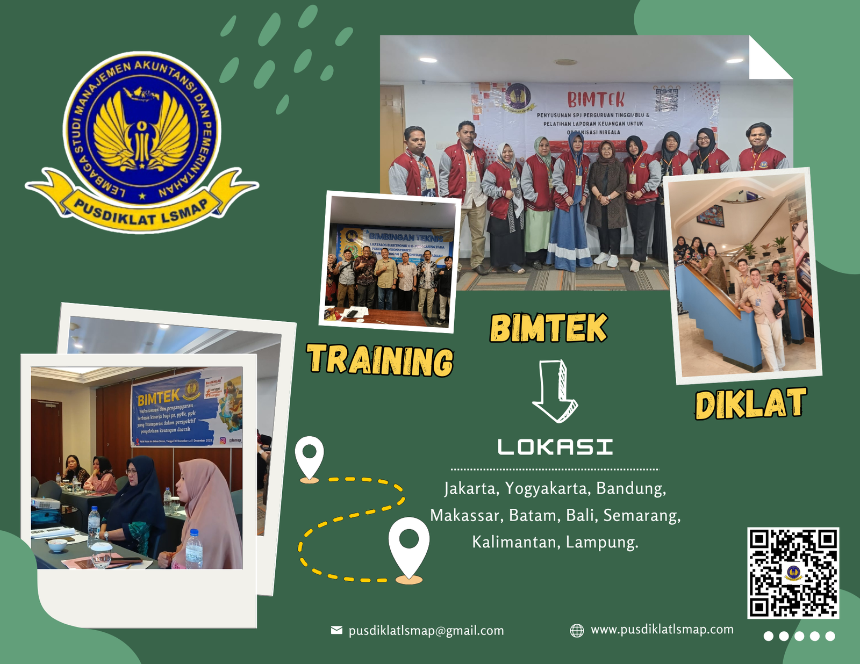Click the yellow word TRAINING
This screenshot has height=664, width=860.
tap(380, 360)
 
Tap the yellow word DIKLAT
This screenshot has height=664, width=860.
tap(750, 404)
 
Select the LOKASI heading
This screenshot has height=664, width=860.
tap(555, 447)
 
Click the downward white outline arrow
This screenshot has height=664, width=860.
tap(555, 391)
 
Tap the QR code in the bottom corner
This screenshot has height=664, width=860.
tap(793, 573)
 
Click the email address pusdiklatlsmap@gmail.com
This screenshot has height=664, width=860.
tap(426, 631)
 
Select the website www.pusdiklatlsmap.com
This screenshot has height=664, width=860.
tap(662, 630)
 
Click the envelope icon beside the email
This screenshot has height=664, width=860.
tap(336, 630)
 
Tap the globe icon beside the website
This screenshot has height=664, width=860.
tap(577, 630)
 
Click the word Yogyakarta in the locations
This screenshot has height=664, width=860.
tap(546, 488)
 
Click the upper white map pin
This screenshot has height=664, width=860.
tap(310, 457)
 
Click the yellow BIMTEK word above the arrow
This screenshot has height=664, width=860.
tap(548, 328)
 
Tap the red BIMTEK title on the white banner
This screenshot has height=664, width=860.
tap(596, 100)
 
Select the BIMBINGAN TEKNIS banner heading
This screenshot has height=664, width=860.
tap(406, 237)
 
